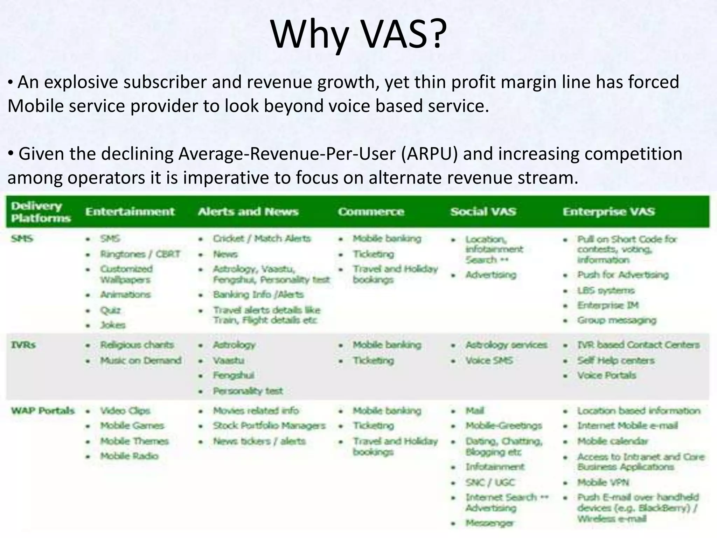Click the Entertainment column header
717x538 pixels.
130,212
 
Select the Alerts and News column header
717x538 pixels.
248,212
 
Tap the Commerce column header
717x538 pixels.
371,212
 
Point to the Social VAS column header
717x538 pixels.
483,212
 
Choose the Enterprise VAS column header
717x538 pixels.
608,212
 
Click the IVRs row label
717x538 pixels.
23,345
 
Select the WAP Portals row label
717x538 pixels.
43,411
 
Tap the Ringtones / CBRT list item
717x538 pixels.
140,254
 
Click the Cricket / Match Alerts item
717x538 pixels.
262,239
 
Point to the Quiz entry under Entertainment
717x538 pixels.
110,310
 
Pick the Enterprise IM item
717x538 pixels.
608,305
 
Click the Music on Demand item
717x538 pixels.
141,360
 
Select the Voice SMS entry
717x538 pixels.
489,360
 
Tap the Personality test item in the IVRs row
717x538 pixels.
248,391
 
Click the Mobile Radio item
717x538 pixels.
129,456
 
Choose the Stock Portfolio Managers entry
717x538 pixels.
269,426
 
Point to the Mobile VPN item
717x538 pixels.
603,483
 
